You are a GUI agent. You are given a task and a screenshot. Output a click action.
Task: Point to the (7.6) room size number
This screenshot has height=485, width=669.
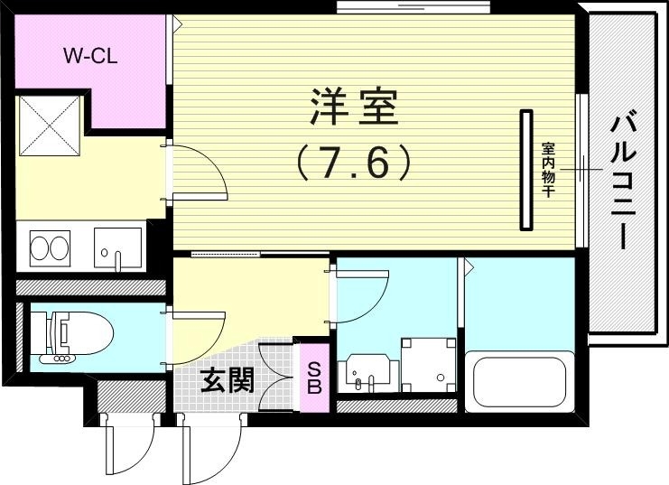tap(355, 162)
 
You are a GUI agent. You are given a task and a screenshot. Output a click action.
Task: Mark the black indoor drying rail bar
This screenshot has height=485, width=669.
tap(525, 169)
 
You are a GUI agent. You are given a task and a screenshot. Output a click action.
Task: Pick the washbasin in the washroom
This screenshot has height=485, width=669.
tap(366, 372)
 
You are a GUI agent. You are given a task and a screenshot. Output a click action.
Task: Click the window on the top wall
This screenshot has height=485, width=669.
tap(413, 8)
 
